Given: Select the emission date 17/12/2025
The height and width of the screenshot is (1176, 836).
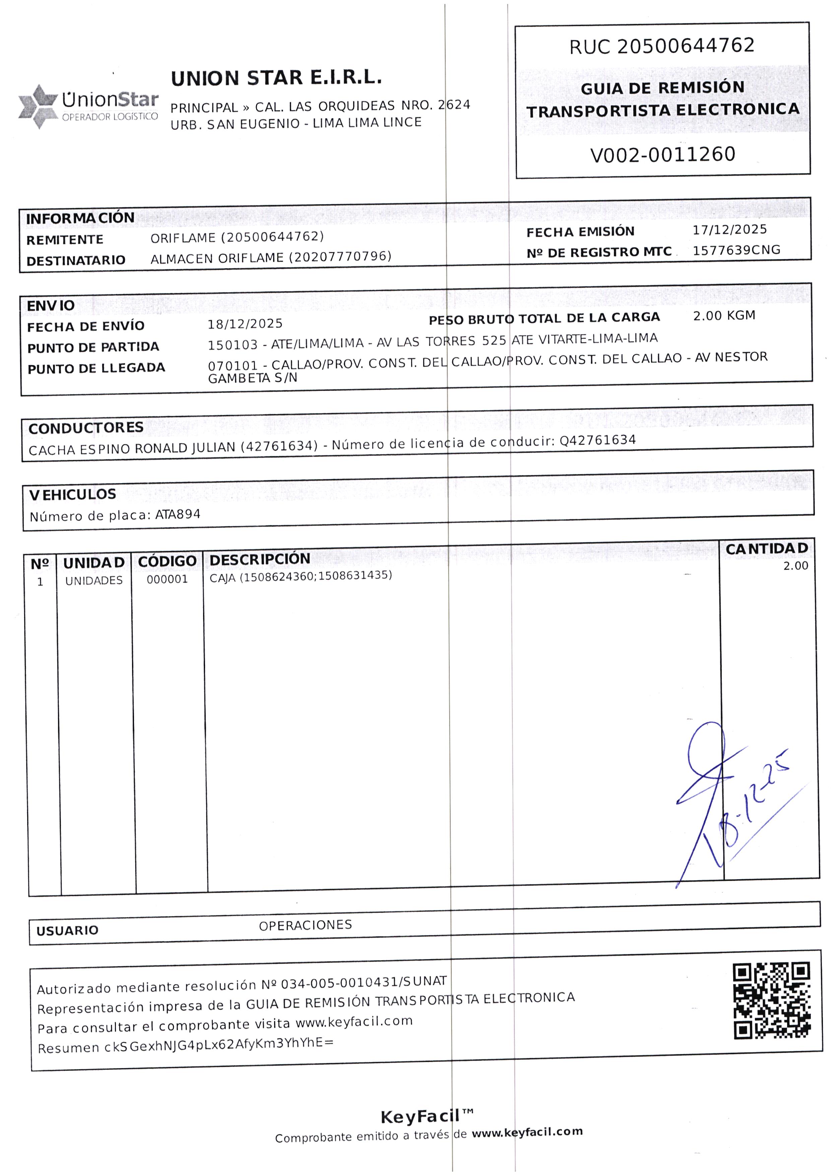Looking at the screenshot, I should pos(729,230).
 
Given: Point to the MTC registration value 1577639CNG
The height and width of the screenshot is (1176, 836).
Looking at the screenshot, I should pos(736,250).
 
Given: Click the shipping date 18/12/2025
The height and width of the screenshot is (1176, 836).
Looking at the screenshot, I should pos(245,324).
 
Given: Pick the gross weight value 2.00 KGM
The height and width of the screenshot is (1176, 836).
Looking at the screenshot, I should pos(724,316).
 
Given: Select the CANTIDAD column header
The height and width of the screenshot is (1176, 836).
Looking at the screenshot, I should pos(767,549).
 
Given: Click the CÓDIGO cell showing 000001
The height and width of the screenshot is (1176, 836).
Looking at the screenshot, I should pos(167,580).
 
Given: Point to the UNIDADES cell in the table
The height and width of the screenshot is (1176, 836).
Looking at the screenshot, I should pos(94,581).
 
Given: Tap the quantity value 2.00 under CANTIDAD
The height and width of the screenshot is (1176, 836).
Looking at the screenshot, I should pos(795,566).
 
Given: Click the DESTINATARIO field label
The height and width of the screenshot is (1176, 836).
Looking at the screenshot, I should pos(76,260).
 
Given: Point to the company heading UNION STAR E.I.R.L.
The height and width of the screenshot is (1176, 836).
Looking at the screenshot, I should pos(276,78).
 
